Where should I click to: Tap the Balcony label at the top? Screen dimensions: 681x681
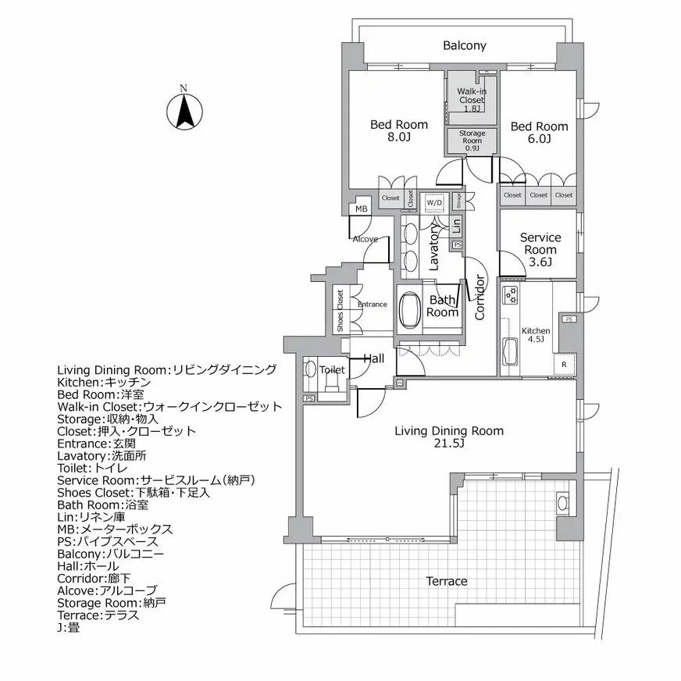(464, 45)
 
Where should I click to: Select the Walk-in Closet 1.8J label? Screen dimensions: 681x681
(471, 100)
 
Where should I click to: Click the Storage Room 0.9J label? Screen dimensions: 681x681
(472, 141)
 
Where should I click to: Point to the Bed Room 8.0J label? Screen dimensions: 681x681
(398, 130)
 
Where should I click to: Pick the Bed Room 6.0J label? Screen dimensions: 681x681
(539, 133)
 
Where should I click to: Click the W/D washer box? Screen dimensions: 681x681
(433, 203)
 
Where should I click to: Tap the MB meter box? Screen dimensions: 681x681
(361, 209)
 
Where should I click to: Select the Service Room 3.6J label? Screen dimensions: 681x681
(540, 249)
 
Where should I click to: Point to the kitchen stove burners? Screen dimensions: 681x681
(511, 295)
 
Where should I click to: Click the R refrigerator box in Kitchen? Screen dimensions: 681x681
(564, 365)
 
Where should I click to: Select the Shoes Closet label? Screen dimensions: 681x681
(340, 311)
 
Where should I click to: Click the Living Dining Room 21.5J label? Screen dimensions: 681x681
(448, 437)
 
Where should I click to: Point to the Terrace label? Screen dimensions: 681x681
(447, 581)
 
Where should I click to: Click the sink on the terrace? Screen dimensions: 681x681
(562, 502)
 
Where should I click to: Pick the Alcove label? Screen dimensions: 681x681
(365, 239)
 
